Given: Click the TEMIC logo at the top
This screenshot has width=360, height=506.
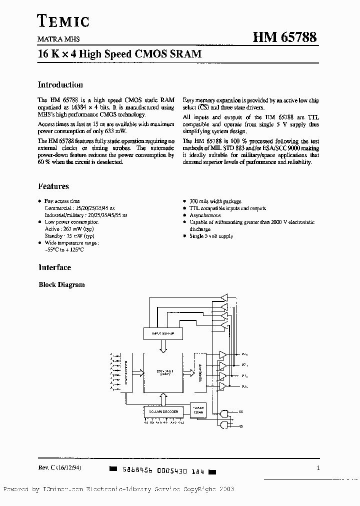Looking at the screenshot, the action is point(63,20).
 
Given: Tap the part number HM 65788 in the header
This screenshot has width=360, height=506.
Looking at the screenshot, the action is point(283,38).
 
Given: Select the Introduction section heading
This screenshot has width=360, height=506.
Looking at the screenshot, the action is point(60,85).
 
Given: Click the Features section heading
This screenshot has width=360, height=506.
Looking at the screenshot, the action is point(54,186).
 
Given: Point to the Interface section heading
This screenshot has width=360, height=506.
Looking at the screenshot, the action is point(55,267).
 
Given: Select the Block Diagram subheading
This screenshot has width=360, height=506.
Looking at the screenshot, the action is point(62,285).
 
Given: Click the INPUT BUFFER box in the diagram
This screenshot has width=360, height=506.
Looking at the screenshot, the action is point(162,332).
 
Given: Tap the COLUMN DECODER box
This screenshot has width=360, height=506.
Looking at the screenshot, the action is point(163,411).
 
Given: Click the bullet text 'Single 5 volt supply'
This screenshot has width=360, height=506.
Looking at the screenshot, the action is point(211,236).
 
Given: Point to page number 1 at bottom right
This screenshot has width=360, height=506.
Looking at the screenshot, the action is point(318,468).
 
